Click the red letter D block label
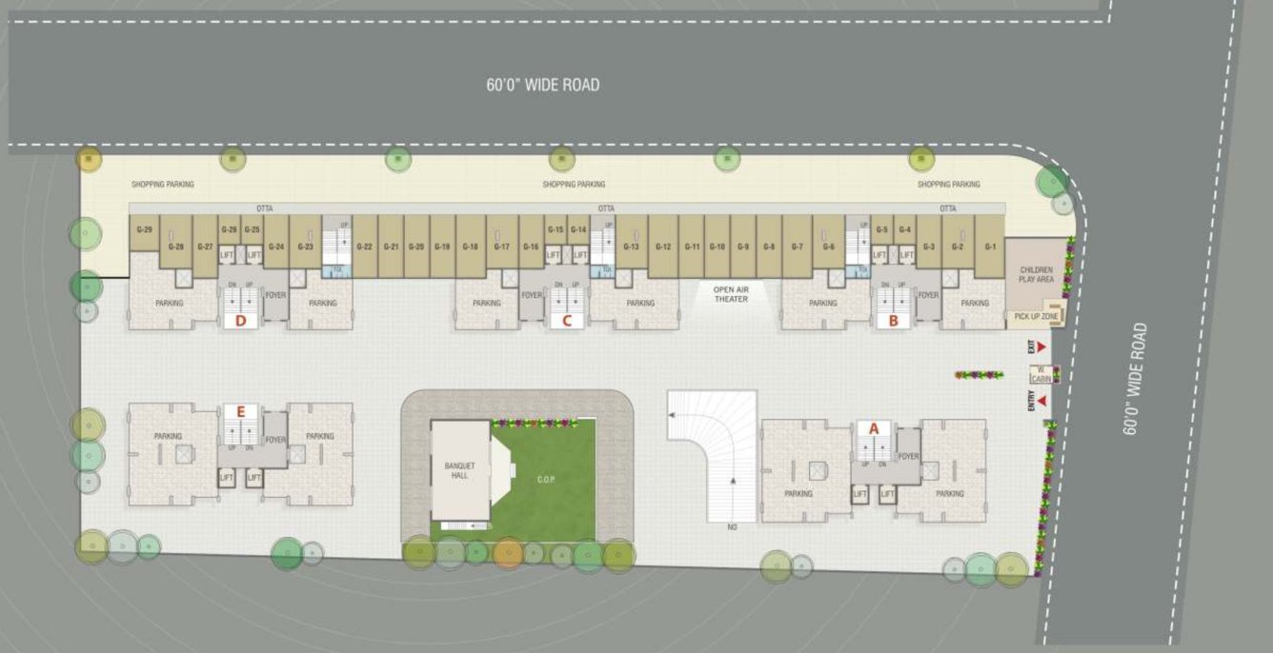pyautogui.click(x=241, y=320)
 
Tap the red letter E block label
pyautogui.click(x=241, y=411)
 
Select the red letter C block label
pyautogui.click(x=567, y=320)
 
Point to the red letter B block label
pyautogui.click(x=893, y=320)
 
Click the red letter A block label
pyautogui.click(x=873, y=428)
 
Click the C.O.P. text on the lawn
pyautogui.click(x=545, y=479)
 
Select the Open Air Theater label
pyautogui.click(x=731, y=293)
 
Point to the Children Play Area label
pyautogui.click(x=1036, y=275)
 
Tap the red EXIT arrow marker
pyautogui.click(x=1042, y=346)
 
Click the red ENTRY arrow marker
pyautogui.click(x=1044, y=402)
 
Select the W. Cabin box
pyautogui.click(x=1041, y=374)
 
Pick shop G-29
pyautogui.click(x=145, y=230)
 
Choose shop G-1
pyautogui.click(x=991, y=247)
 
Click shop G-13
pyautogui.click(x=631, y=247)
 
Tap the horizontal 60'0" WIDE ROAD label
pyautogui.click(x=543, y=85)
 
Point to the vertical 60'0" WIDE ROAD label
pyautogui.click(x=1135, y=379)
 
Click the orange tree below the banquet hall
pyautogui.click(x=508, y=552)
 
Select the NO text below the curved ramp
pyautogui.click(x=733, y=526)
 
